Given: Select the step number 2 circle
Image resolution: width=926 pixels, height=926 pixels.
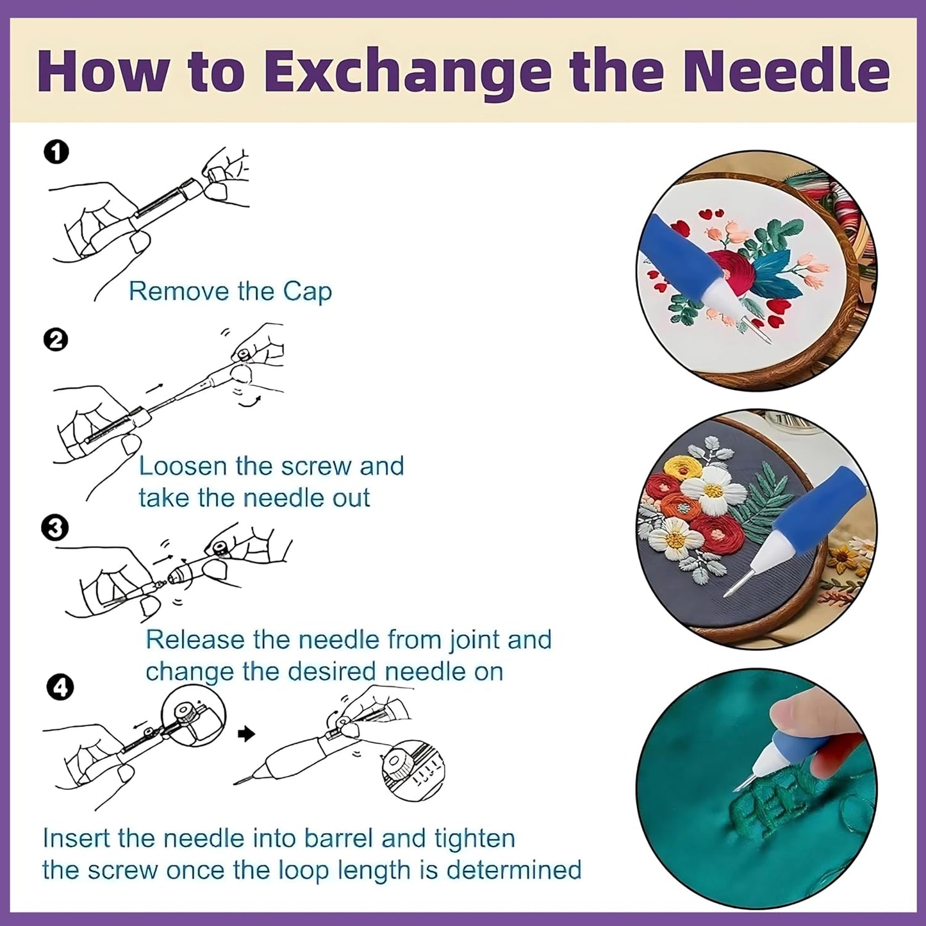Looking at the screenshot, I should pos(57,340).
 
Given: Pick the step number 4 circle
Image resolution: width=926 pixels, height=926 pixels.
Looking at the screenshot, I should pos(60,688).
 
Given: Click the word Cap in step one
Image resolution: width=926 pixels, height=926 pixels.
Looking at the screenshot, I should pos(307,292).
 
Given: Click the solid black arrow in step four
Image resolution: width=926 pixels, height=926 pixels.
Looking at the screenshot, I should pos(246,734).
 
